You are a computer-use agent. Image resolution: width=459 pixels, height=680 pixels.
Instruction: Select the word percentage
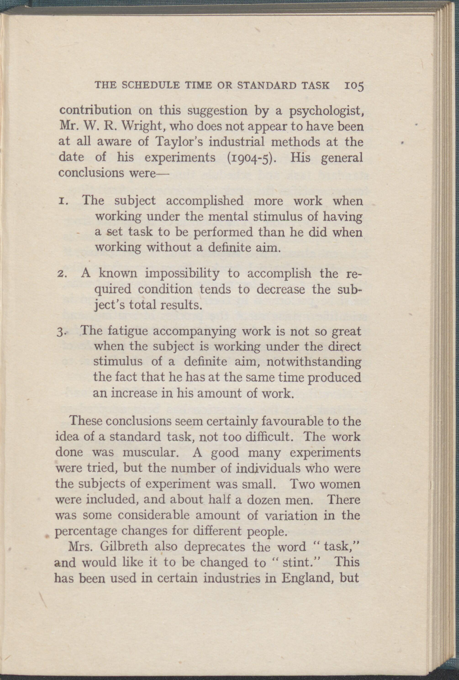click(x=82, y=531)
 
